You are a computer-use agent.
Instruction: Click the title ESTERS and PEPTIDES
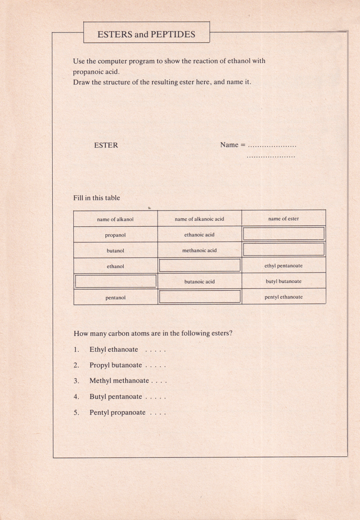tap(146, 34)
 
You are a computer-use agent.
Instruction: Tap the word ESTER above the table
tap(106, 145)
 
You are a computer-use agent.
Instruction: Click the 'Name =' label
tap(233, 145)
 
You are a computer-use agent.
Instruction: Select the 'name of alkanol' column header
tap(115, 220)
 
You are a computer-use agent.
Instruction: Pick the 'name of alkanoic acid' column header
tap(199, 219)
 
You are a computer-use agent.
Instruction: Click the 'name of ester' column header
tap(283, 219)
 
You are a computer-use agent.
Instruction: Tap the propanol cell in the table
tap(115, 235)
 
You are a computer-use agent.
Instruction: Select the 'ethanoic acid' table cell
tap(199, 235)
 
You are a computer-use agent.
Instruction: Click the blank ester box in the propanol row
tap(283, 233)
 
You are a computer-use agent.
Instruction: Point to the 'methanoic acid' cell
tap(199, 251)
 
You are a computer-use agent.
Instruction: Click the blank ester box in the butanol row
tap(283, 249)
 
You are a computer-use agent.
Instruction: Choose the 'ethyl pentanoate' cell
tap(283, 266)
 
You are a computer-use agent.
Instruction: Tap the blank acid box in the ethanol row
tap(200, 265)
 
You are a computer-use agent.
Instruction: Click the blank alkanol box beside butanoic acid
tap(116, 281)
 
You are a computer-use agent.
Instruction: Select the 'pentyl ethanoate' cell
tap(283, 297)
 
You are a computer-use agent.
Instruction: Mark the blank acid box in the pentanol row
tap(200, 296)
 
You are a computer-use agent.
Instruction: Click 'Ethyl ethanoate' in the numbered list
tap(114, 350)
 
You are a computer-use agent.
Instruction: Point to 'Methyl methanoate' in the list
tap(119, 381)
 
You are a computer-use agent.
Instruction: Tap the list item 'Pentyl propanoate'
tap(117, 412)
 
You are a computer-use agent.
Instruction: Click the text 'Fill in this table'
tap(97, 198)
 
